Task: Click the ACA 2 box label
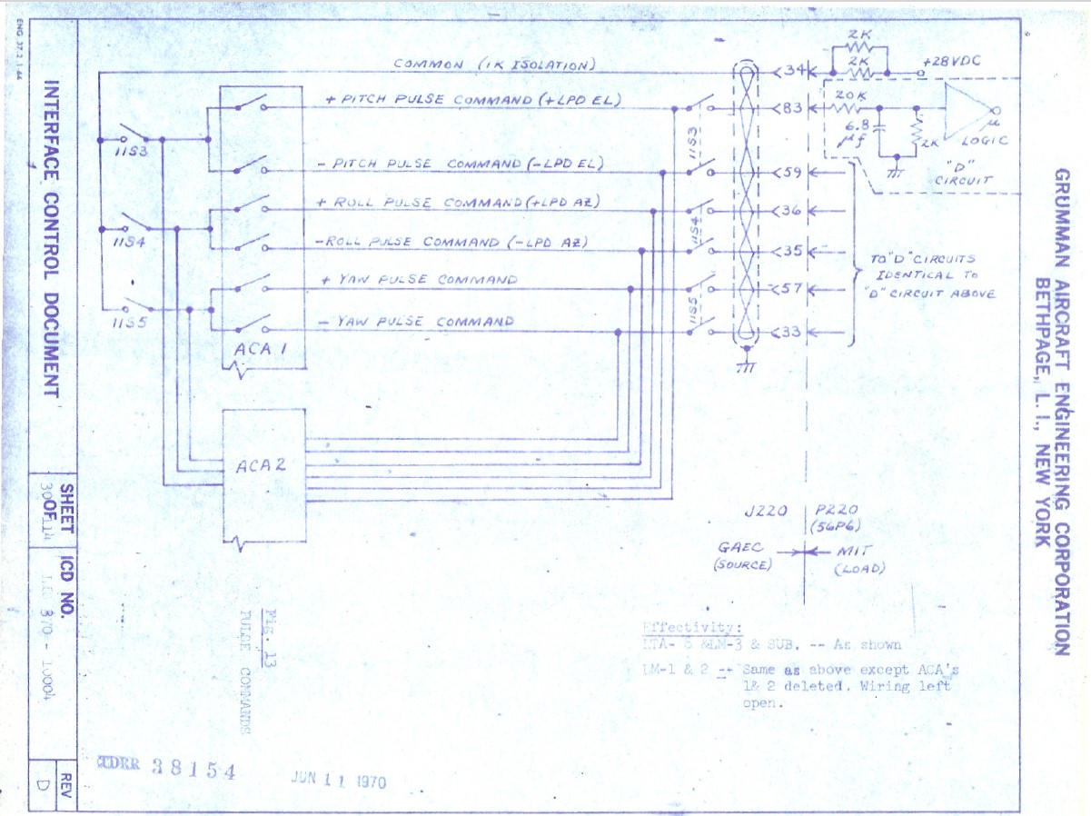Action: pyautogui.click(x=261, y=465)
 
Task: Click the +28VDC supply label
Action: pyautogui.click(x=950, y=61)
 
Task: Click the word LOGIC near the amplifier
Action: pyautogui.click(x=983, y=141)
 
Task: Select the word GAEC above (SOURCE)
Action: pyautogui.click(x=741, y=549)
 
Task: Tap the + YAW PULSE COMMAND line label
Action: pyautogui.click(x=419, y=281)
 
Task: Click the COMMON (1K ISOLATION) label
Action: pyautogui.click(x=494, y=65)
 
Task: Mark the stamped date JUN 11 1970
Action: pyautogui.click(x=338, y=779)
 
